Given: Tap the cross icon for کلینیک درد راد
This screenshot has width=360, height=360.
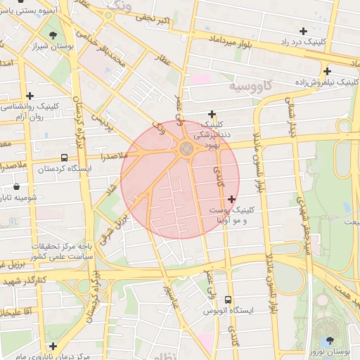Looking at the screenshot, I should point(303,31).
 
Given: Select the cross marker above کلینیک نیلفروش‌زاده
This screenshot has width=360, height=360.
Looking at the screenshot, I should point(327,71).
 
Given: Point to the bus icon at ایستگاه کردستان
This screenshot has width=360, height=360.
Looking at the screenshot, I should point(64,158).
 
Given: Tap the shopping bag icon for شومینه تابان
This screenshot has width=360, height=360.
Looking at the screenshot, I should point(16,187).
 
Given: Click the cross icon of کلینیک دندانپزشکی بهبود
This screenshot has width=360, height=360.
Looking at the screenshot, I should point(211,115).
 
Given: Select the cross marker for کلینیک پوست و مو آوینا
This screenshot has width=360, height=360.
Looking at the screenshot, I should point(232,200).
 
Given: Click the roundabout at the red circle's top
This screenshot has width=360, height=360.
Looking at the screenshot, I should point(186,148).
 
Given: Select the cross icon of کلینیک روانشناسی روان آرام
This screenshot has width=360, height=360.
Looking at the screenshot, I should point(30,96).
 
